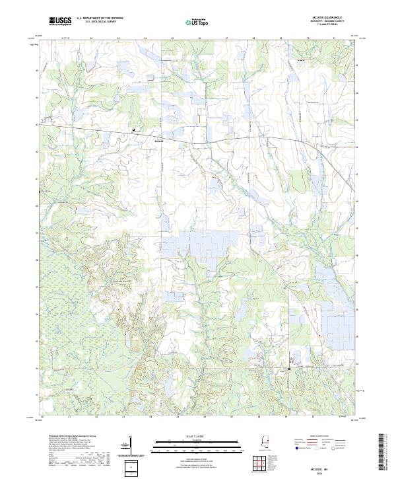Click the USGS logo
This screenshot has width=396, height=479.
(x=60, y=21)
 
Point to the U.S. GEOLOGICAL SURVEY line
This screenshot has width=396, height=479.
(x=97, y=22)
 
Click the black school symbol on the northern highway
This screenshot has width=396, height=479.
(x=134, y=129)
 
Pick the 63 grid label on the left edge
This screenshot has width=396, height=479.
(x=36, y=124)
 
